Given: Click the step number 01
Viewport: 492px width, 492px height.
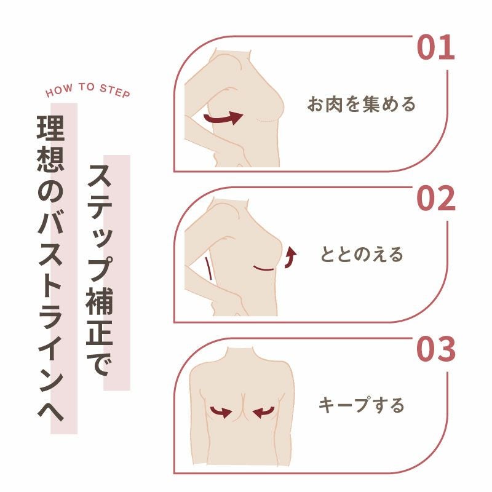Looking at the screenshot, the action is pos(436,48).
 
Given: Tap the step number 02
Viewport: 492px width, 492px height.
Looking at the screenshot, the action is pos(436,198).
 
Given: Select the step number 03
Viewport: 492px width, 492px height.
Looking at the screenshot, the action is pos(436,349).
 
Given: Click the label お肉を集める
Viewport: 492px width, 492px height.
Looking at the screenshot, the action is pos(362,104).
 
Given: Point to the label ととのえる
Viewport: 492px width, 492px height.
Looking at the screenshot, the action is pos(362,254).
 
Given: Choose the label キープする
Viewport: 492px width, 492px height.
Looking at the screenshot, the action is pos(362,405).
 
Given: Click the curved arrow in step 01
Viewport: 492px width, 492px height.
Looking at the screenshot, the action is pos(223,118).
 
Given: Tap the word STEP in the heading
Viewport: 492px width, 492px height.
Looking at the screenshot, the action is pos(115,91).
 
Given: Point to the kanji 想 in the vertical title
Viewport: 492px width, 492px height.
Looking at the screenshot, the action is pos(50,159).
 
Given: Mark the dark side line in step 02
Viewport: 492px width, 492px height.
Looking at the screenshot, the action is pos(208,269).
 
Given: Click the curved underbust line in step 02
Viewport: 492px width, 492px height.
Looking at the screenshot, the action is pos(264,269).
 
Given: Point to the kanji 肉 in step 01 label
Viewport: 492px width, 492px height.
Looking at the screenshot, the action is pos(334,104).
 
